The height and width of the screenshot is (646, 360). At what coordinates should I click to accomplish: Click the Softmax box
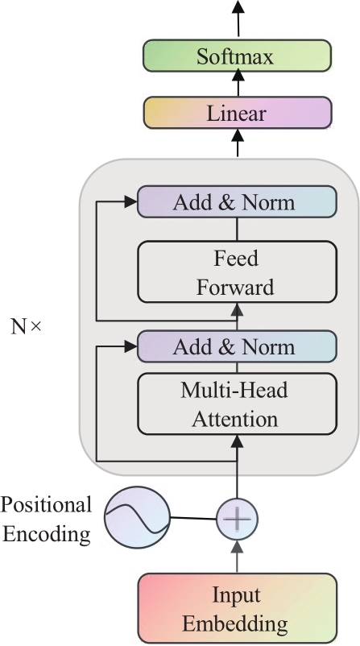point(237,56)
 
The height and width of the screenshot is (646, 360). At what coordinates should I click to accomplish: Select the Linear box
point(238,113)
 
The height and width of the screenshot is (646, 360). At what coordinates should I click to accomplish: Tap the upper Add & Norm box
point(237,202)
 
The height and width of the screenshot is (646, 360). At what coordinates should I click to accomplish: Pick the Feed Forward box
point(237,272)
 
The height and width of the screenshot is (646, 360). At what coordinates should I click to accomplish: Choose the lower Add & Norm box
point(237,346)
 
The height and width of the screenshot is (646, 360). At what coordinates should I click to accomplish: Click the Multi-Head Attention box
point(237,404)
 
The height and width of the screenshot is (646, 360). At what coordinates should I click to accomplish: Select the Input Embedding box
point(238,608)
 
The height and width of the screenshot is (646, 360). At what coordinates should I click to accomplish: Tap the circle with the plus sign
point(238,519)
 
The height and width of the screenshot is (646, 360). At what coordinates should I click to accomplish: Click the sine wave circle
point(137,517)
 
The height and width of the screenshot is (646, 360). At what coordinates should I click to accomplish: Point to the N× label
point(26,327)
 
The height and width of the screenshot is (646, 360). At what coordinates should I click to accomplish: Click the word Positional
point(46,504)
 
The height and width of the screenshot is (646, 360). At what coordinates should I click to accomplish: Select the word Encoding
point(47,534)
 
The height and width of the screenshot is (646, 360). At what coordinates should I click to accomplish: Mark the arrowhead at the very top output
point(238,6)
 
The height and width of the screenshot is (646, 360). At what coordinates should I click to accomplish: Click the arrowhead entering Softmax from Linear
point(238,75)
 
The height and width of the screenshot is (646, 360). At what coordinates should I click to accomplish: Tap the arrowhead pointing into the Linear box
point(238,135)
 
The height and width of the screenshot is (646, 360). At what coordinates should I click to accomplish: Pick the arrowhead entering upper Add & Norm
point(130,201)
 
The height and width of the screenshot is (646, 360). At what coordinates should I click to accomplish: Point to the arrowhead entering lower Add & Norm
point(130,346)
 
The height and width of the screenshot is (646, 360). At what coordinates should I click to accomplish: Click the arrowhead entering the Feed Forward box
point(237,310)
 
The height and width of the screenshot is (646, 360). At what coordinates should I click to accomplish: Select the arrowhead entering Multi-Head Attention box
point(237,441)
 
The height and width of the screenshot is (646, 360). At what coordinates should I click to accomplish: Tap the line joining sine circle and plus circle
point(193,518)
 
